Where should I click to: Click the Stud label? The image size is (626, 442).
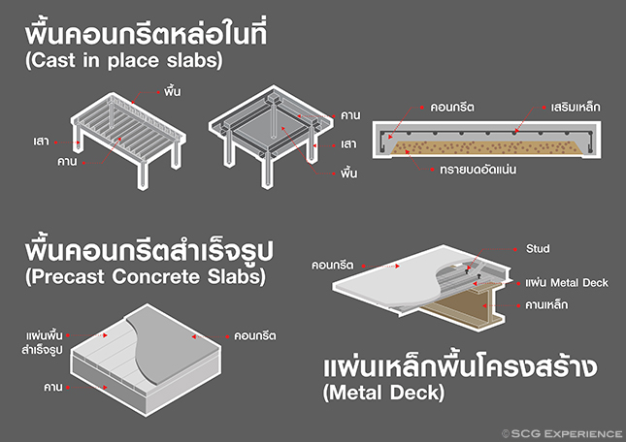[537, 249]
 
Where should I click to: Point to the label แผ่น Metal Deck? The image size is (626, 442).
[566, 283]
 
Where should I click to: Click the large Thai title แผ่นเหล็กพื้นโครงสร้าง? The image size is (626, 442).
[456, 369]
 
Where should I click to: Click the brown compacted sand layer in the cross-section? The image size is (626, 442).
[485, 146]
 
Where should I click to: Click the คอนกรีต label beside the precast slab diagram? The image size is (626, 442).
[254, 335]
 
